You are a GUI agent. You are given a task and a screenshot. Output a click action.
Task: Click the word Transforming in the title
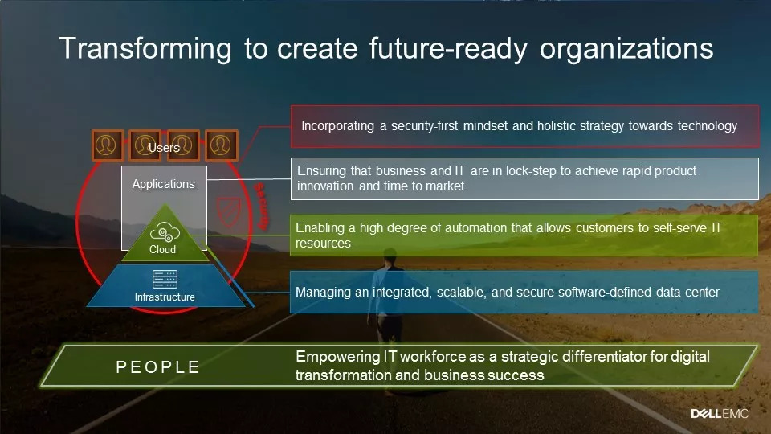145,49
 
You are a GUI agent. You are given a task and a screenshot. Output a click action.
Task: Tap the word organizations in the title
626,49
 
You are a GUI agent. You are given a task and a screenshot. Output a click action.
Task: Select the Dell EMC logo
720,414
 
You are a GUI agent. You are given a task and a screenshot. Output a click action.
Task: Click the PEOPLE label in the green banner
158,367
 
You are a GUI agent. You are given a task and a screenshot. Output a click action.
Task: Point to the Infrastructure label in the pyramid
165,297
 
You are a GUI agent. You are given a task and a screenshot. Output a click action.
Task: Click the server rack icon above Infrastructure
165,279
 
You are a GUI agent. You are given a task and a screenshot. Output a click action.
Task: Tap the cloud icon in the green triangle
165,232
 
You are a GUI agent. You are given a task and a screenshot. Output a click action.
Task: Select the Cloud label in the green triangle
163,249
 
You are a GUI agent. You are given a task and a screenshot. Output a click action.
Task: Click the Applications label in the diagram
164,184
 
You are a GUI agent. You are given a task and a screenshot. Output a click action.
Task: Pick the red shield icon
229,212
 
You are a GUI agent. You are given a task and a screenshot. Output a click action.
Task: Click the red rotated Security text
261,207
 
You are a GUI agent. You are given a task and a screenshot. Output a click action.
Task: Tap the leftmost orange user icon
107,145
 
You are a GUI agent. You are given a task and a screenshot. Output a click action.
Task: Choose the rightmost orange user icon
221,145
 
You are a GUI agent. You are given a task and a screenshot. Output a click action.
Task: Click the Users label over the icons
164,148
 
